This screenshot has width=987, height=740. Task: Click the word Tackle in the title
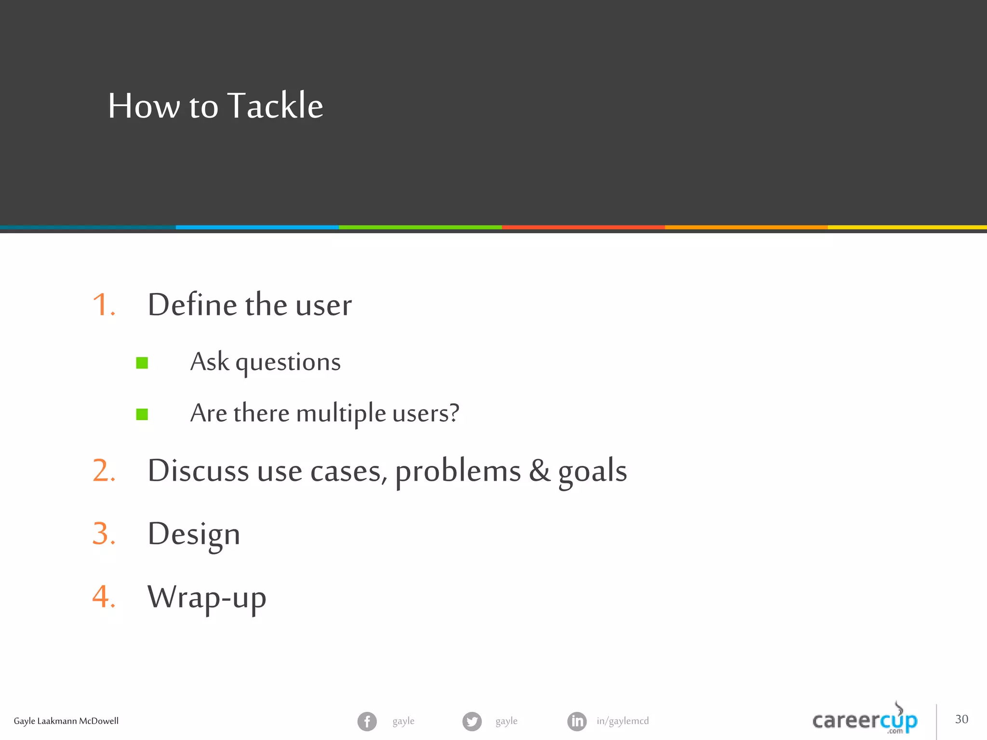275,106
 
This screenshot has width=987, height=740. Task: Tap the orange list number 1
103,305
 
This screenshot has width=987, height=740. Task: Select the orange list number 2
103,471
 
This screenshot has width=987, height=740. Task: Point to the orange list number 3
103,534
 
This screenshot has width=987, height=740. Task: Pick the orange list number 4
103,597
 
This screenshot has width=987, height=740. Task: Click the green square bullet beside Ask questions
142,363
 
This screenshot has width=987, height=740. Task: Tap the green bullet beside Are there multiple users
142,414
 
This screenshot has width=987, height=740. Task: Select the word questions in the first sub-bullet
288,362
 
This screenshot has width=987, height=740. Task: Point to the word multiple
341,413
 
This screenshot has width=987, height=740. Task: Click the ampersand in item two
539,471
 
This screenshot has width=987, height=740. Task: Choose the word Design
194,534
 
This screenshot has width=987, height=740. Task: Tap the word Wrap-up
207,597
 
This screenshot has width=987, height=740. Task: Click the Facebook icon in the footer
367,721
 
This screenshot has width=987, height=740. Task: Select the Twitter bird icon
472,721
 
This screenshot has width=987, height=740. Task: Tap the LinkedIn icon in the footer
577,721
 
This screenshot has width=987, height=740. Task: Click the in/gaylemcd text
623,721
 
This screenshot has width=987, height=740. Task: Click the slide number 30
961,719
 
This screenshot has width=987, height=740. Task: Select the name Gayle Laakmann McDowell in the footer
66,721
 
